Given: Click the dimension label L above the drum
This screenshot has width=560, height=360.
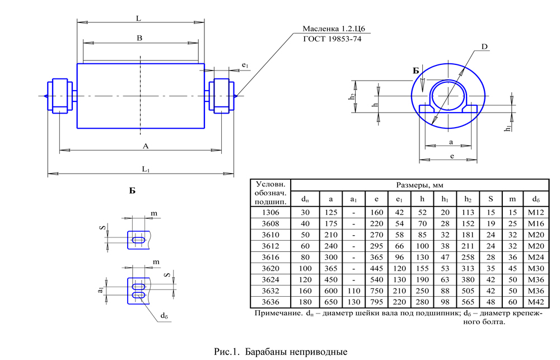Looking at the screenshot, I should (x=138, y=18).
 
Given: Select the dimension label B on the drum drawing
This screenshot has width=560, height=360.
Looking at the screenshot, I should (x=139, y=38).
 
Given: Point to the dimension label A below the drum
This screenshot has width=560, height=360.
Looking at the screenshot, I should (x=146, y=146).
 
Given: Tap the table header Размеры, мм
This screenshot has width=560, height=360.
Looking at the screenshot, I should (x=420, y=185).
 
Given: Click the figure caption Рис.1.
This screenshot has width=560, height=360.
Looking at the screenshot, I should (x=227, y=352).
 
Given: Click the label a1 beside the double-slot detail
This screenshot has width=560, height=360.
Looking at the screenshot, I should (x=100, y=290).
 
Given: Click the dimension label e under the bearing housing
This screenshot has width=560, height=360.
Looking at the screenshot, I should (x=451, y=156).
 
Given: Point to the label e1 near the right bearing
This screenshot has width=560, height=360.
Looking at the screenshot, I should (x=245, y=66).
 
